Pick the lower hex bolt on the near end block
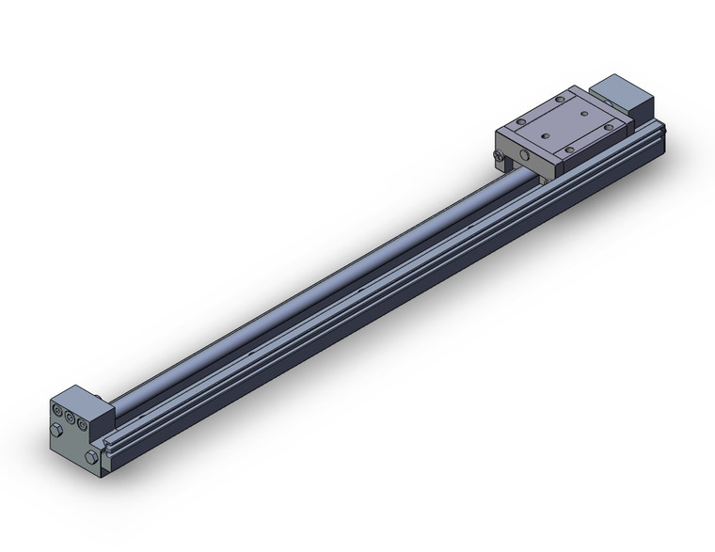90,457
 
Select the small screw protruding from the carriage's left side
497,157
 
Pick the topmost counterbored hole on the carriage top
562,97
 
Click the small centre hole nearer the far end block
584,112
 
